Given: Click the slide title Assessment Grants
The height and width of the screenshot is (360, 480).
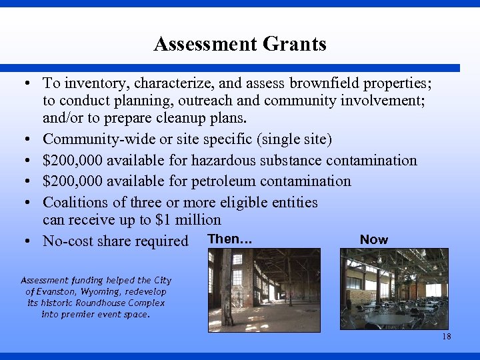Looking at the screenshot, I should (x=239, y=44).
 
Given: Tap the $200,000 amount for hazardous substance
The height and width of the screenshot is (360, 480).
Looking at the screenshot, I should (x=73, y=160).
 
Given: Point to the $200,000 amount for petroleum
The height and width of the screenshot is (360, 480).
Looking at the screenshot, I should (x=73, y=181).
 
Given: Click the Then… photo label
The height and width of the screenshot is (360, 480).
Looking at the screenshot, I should (x=229, y=239).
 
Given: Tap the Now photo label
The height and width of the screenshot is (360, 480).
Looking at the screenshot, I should (x=373, y=239).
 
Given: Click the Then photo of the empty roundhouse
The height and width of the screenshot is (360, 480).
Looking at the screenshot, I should (x=264, y=290).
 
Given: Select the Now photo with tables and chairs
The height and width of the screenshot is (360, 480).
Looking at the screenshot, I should (x=394, y=290).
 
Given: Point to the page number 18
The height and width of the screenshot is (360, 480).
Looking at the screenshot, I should (x=446, y=337).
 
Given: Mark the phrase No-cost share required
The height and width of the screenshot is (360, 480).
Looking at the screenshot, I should (x=115, y=241).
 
